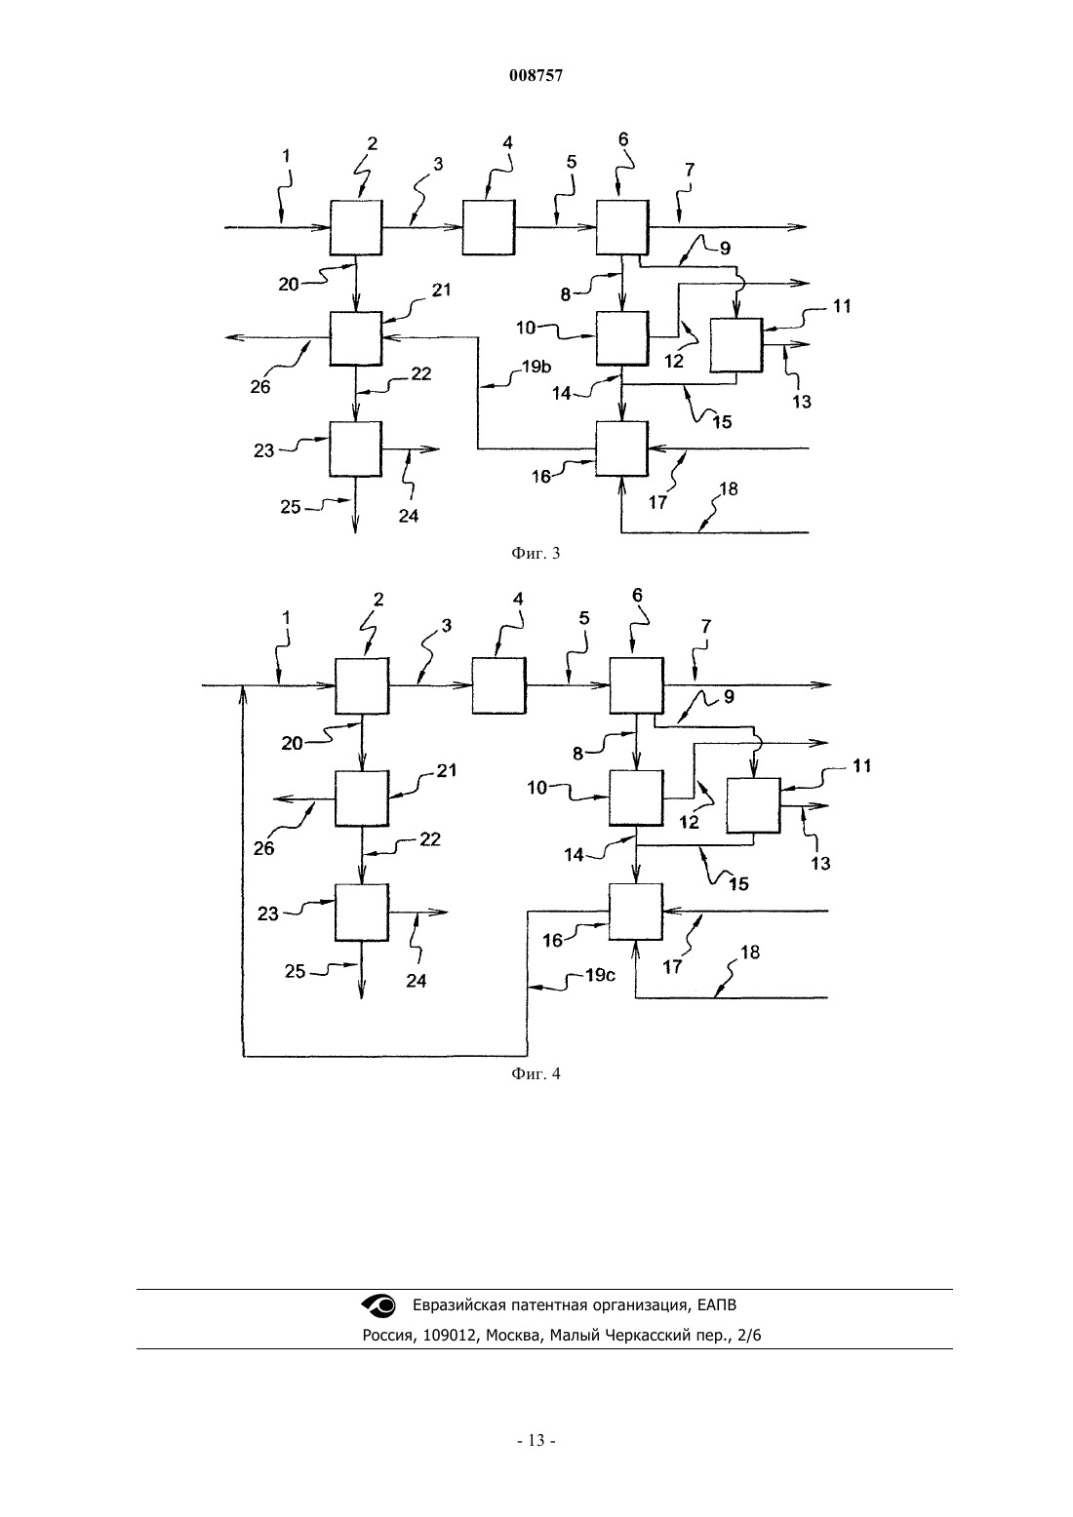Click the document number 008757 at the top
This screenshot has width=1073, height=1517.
click(x=536, y=76)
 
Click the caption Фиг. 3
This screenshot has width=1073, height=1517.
click(x=536, y=554)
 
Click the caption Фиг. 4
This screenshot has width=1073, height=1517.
click(x=536, y=1073)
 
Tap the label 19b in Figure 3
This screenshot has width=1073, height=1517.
click(x=536, y=367)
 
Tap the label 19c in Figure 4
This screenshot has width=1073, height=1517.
click(x=600, y=976)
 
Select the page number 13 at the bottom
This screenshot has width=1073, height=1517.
click(x=536, y=1441)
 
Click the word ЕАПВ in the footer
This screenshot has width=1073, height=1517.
click(x=716, y=1304)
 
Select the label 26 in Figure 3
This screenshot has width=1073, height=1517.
click(x=260, y=387)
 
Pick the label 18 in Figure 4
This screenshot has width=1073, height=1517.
click(x=750, y=953)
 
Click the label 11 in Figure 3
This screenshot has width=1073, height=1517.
click(x=841, y=306)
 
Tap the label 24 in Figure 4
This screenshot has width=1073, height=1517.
click(x=416, y=981)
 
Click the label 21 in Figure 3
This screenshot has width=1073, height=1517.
click(x=442, y=290)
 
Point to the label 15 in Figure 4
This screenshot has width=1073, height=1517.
click(x=739, y=884)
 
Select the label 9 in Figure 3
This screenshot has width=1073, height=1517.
click(x=726, y=248)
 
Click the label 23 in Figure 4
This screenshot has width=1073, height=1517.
click(x=268, y=914)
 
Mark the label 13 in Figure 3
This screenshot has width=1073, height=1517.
click(x=802, y=402)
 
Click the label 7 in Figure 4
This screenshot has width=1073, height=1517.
click(x=706, y=627)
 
